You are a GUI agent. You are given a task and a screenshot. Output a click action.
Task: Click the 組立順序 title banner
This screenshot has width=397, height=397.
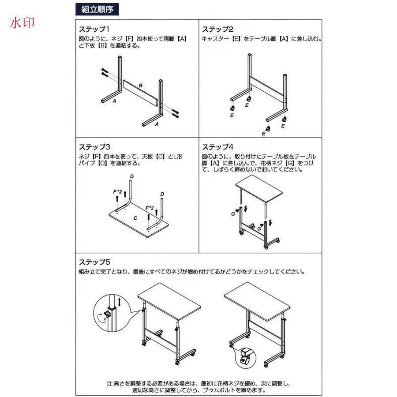coord(97,9)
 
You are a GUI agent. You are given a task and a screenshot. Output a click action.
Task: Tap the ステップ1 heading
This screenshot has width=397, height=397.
coord(94,29)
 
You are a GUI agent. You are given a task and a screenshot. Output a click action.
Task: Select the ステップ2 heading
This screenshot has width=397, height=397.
coord(217,29)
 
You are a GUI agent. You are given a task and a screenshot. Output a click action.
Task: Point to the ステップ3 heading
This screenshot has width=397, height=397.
coord(94,147)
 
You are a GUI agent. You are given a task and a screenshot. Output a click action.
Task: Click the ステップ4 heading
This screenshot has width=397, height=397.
coord(217,147)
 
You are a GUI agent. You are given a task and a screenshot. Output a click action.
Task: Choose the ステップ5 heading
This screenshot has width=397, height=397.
coord(94,262)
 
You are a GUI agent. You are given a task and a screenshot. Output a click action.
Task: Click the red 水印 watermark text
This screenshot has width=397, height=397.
coord(22,23)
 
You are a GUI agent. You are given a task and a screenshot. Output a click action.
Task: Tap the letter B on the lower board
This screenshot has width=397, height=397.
coord(141,86)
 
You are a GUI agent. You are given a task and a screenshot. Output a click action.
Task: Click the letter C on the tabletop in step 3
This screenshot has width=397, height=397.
coord(135,218)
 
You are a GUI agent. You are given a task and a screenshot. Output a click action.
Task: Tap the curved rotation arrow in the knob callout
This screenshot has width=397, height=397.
coord(102,318)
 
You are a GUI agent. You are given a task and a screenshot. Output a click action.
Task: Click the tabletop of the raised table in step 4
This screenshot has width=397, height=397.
coord(259,189)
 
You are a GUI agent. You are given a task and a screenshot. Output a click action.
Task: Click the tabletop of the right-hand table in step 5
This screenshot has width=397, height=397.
coord(257,302)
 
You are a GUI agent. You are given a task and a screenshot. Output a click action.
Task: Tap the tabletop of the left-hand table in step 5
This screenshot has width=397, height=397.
coord(169,301)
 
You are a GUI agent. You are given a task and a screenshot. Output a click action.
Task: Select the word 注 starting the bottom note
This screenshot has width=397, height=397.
coord(109,384)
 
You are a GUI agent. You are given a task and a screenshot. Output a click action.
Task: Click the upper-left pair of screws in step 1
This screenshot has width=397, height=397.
coord(105,72)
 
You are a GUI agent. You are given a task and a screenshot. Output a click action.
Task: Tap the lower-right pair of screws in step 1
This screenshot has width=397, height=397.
coord(176,113)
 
